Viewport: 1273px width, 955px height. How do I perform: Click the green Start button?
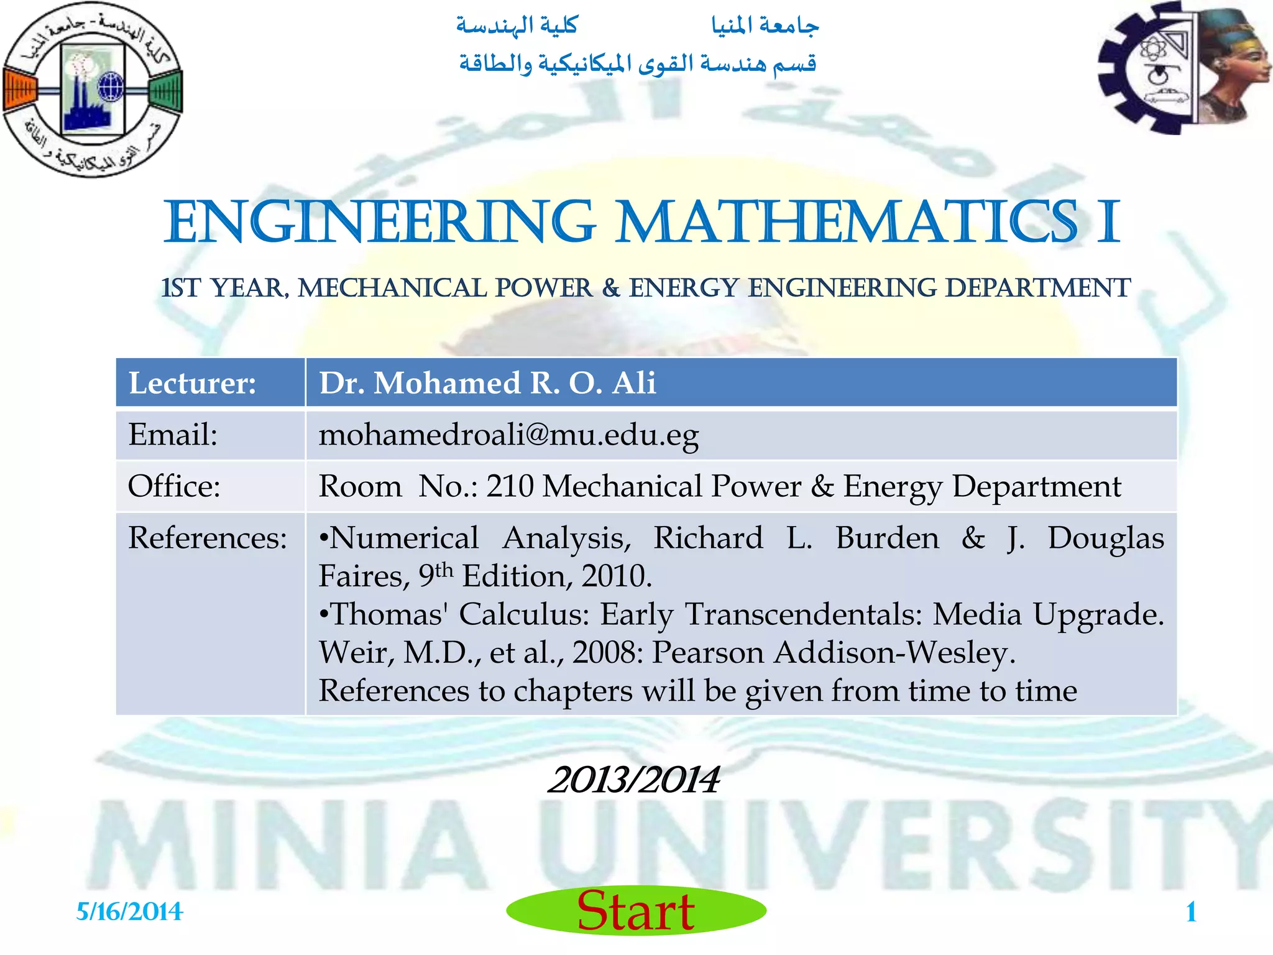coord(636,911)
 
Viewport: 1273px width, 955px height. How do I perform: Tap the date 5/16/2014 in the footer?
coord(129,912)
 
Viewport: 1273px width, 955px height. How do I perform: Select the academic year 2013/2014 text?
coord(633,780)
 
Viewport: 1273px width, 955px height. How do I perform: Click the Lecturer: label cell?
coord(192,383)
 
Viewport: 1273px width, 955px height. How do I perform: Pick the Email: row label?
coord(173,435)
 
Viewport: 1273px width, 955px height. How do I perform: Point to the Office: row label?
coord(174,486)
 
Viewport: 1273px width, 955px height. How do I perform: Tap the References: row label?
coord(208,538)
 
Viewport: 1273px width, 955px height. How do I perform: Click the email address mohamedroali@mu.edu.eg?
coord(508,435)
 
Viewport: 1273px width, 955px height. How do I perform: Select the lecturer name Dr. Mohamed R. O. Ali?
coord(487,383)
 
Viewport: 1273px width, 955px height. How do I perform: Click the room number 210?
coord(510,486)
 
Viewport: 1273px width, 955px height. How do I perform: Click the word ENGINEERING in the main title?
coord(379,223)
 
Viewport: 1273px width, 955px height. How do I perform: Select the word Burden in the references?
coord(887,538)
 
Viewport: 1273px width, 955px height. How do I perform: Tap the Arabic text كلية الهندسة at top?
coord(517,26)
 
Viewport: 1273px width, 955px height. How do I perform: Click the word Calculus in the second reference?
coord(524,615)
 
